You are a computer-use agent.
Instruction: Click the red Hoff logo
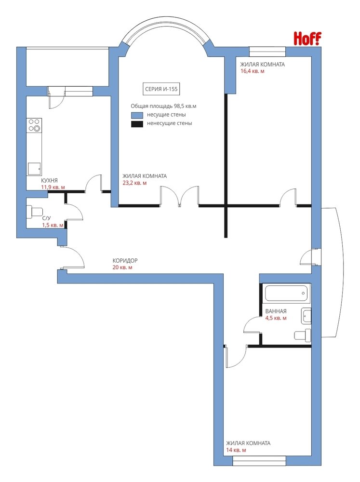point(307,39)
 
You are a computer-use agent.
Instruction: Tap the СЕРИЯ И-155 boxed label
point(161,89)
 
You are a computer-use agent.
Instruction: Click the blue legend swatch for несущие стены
point(137,115)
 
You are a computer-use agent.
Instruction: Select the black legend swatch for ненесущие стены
point(137,124)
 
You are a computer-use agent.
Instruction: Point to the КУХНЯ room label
point(49,180)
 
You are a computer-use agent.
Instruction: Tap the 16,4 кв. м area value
point(253,71)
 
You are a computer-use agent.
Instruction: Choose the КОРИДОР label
point(125,260)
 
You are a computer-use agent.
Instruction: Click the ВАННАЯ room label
point(276,311)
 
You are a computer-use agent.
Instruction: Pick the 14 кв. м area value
point(236,450)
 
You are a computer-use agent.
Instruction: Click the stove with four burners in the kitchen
point(34,125)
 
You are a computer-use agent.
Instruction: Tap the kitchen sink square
point(34,169)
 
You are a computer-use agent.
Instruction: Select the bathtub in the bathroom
point(287,293)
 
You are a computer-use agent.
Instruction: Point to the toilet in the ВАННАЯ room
point(303,335)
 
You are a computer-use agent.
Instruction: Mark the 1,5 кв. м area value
point(53,225)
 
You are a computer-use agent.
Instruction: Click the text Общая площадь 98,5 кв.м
point(163,107)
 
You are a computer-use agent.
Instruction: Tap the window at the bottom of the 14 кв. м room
point(259,461)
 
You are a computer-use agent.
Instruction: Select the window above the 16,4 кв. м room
point(267,52)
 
